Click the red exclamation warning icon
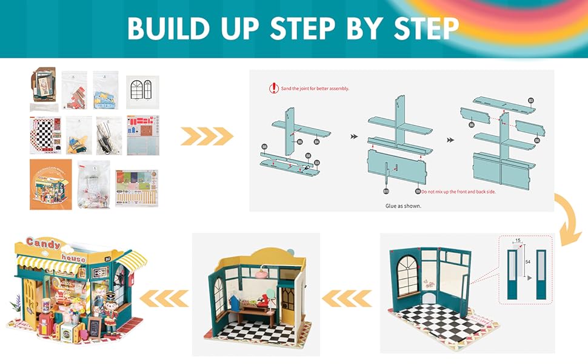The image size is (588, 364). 273,88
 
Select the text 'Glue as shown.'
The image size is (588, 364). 403,205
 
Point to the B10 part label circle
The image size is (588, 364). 386,190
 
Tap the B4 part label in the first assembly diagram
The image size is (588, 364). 316,142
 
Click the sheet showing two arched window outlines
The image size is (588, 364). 142,92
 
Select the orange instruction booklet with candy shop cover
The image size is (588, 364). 50,184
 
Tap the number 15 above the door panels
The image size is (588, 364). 517,241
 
